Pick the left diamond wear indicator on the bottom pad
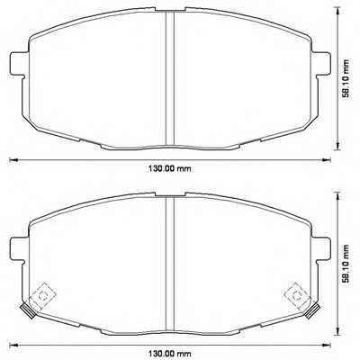coord(40,295)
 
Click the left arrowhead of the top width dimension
coord(12,159)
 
